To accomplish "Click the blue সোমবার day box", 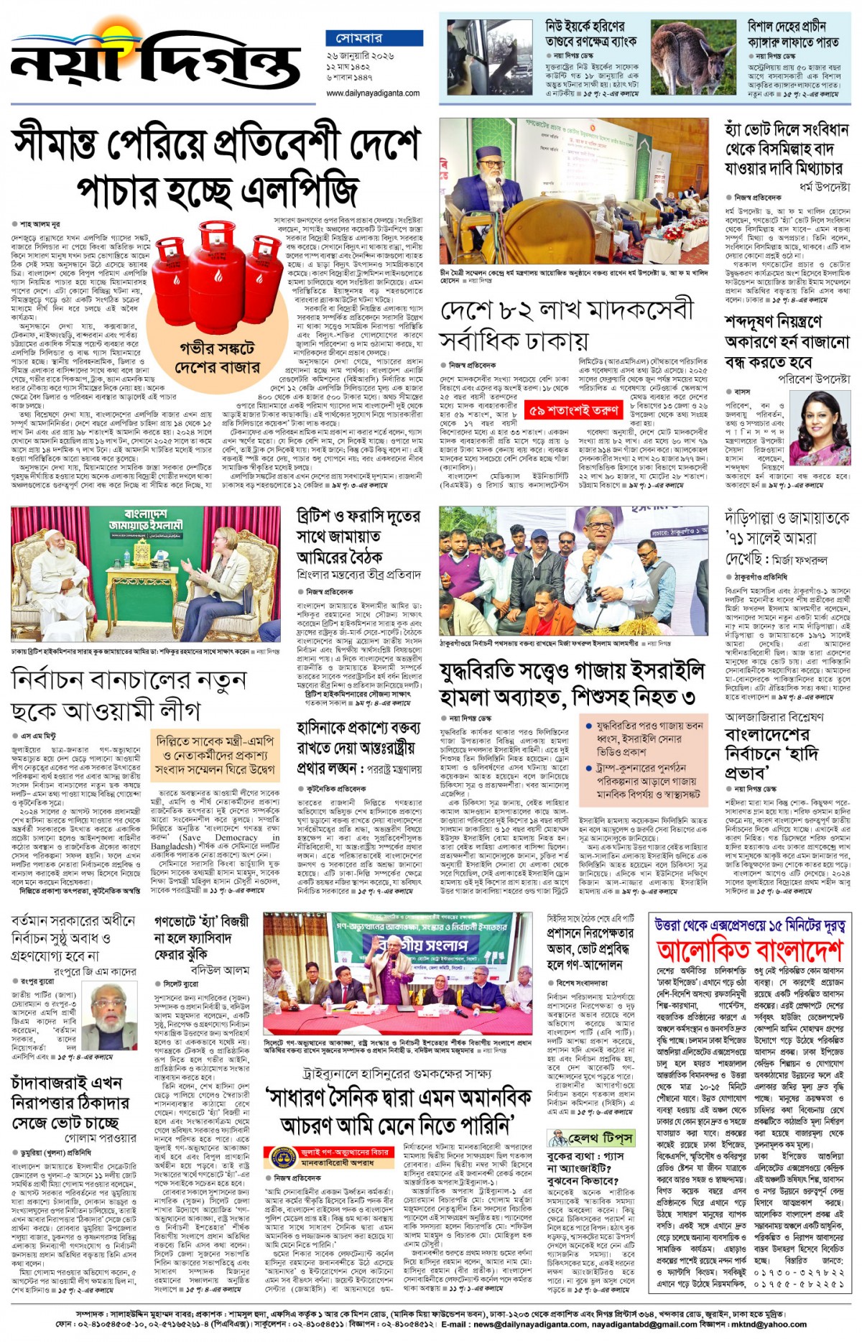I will click(358, 37).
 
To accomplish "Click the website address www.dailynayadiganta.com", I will click(373, 93).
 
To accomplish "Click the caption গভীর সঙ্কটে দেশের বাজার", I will click(218, 358).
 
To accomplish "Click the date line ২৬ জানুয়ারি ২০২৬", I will click(360, 55).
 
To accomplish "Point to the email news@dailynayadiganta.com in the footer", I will click(546, 1324).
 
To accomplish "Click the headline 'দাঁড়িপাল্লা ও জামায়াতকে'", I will click(787, 518).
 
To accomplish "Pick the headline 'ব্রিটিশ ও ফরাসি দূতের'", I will click(358, 517).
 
